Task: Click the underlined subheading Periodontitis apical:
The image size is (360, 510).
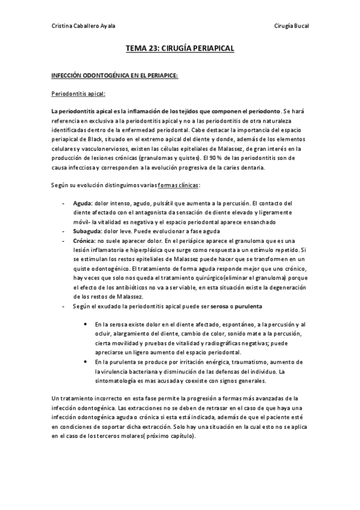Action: (x=78, y=94)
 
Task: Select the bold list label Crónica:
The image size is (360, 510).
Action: (x=85, y=240)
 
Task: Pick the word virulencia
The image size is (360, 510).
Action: (x=114, y=371)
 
